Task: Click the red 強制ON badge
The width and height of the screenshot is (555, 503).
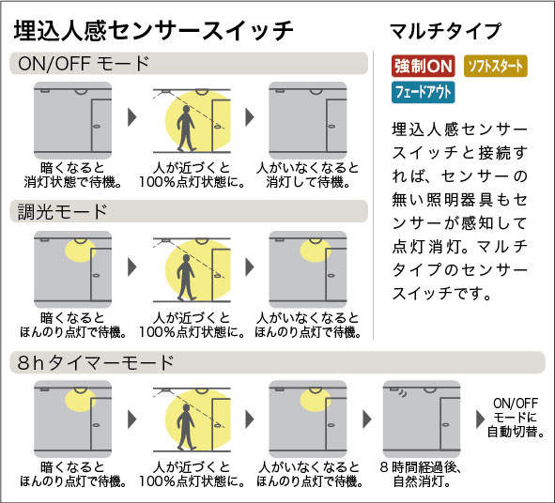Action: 424,66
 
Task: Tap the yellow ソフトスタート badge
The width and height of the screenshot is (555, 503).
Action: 496,66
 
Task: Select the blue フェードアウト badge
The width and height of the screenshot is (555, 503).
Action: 423,92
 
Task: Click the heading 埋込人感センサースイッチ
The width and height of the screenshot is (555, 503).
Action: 154,31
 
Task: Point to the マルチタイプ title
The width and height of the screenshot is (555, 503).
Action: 446,31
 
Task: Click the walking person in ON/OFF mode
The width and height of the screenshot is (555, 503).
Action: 186,128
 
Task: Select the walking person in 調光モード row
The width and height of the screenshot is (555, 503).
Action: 186,278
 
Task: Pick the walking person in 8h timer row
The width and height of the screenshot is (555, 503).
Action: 186,427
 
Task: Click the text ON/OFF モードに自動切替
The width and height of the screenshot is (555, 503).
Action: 516,418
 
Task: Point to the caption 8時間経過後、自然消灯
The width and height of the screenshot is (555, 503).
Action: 421,474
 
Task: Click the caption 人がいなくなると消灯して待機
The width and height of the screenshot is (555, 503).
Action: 308,175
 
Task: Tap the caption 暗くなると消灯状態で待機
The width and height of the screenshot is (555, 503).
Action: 73,175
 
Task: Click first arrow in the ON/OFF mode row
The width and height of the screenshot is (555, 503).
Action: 132,117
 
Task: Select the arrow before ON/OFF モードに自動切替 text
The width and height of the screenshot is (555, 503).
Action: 480,419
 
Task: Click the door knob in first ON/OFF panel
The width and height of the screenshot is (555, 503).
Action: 97,127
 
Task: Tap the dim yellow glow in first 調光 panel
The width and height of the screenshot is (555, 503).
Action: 81,251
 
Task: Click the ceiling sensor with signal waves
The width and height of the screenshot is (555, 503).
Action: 397,390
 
